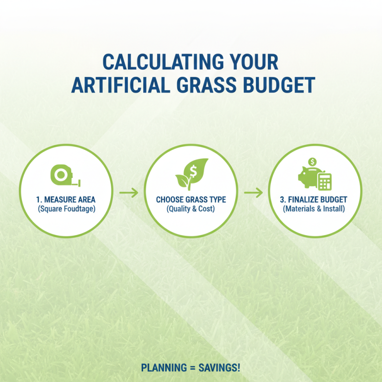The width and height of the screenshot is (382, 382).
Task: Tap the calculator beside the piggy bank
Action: tap(325, 181)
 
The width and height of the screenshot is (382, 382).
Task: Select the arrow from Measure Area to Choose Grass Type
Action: tap(128, 193)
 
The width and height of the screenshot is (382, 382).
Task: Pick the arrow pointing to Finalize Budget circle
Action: tap(253, 193)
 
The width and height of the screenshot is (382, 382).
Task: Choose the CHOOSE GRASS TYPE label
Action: tap(191, 200)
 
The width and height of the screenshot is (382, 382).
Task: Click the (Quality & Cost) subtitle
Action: tap(191, 209)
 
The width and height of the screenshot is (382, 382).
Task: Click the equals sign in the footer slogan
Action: tap(190, 368)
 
